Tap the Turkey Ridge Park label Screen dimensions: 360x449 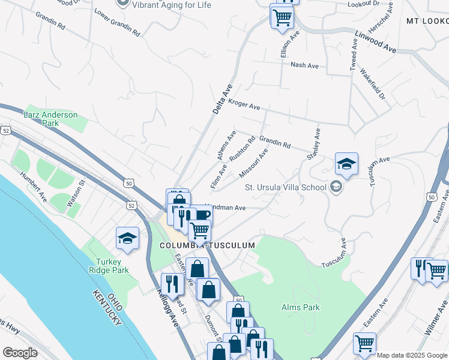pyautogui.click(x=112, y=266)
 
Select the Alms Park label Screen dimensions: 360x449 pyautogui.click(x=301, y=308)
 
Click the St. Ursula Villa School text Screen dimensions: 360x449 pyautogui.click(x=285, y=187)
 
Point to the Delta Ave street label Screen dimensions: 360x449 pyautogui.click(x=221, y=99)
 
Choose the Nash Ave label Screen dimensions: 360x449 pyautogui.click(x=304, y=65)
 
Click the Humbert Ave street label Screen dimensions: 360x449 pyautogui.click(x=33, y=186)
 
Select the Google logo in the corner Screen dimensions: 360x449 pyautogui.click(x=20, y=352)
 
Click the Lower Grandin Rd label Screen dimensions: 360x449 pyautogui.click(x=117, y=23)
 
